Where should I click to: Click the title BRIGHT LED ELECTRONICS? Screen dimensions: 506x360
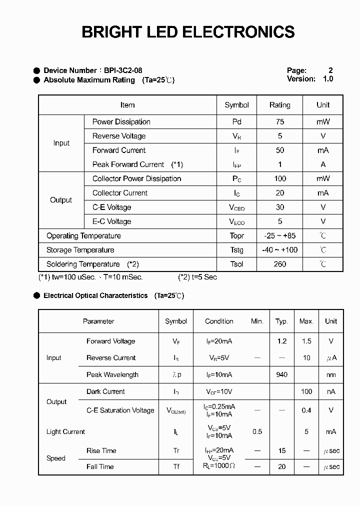(x=188, y=32)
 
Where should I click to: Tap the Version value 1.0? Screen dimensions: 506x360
(x=327, y=79)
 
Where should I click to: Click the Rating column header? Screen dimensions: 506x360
(x=279, y=105)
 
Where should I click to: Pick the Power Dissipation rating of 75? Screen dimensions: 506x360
(x=279, y=121)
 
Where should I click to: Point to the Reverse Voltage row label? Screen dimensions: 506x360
(x=119, y=136)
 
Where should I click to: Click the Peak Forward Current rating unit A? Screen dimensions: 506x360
(x=323, y=164)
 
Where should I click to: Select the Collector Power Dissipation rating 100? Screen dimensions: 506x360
(x=279, y=178)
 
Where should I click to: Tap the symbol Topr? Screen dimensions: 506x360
(x=236, y=236)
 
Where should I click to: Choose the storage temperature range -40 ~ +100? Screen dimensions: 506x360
(x=279, y=250)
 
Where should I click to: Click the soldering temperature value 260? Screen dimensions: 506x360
(x=279, y=264)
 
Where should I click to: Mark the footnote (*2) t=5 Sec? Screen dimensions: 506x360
(x=197, y=277)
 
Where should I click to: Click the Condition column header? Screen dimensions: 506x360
(x=219, y=321)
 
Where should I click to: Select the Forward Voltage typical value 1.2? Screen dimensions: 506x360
(x=282, y=341)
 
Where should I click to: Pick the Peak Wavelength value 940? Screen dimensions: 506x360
(x=282, y=374)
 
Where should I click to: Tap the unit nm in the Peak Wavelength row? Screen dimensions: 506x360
(x=331, y=374)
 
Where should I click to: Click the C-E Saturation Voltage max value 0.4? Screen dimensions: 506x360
(x=306, y=410)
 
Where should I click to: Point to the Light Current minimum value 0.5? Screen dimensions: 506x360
(x=257, y=431)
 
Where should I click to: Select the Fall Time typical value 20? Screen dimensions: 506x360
(x=282, y=466)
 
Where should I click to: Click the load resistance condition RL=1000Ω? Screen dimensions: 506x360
(x=219, y=466)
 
